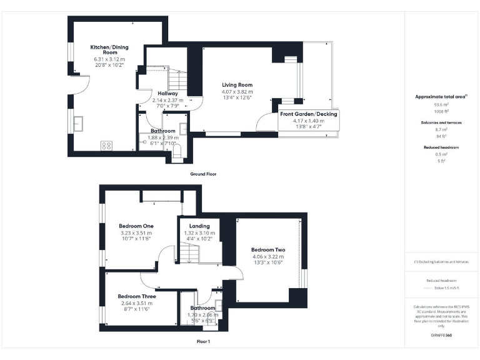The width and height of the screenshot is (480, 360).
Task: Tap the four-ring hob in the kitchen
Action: (106, 146)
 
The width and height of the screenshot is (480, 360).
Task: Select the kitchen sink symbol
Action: (80, 123)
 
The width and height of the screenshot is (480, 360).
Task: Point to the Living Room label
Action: (237, 85)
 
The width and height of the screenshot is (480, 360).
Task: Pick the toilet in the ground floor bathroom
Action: (176, 151)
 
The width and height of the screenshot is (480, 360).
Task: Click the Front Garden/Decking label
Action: (308, 114)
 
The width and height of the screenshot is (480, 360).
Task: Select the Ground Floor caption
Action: (203, 174)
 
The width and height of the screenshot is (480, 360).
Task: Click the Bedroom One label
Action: (136, 226)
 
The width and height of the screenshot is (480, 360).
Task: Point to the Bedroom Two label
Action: (267, 248)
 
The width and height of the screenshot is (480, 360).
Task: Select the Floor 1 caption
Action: (203, 342)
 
